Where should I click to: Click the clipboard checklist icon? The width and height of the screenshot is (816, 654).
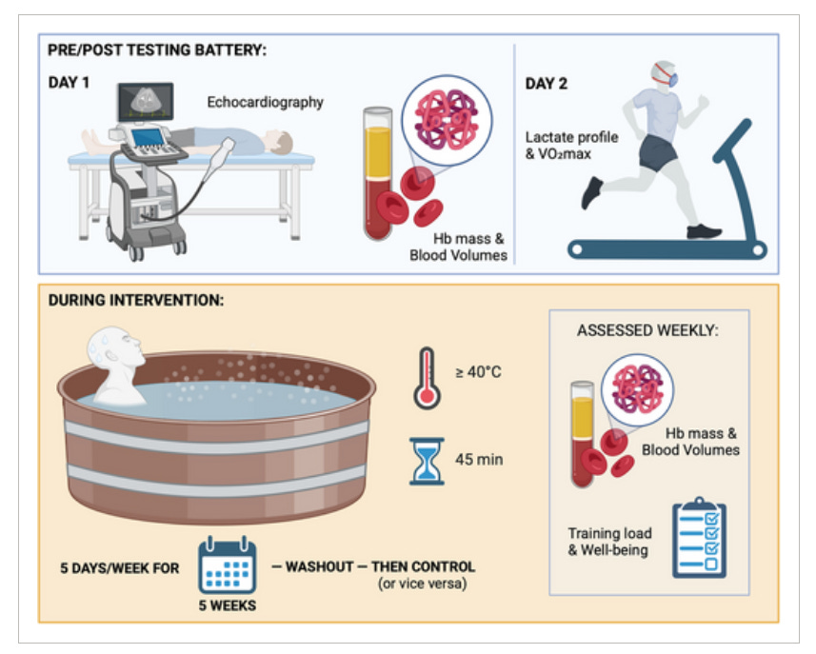click(x=699, y=537)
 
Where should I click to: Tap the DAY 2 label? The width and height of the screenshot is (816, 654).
click(x=546, y=84)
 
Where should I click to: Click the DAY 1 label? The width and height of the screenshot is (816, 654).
click(x=69, y=83)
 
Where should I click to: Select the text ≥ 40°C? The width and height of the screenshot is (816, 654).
click(x=478, y=371)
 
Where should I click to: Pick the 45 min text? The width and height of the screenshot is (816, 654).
click(x=479, y=460)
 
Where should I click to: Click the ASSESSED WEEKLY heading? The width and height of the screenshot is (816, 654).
click(x=647, y=331)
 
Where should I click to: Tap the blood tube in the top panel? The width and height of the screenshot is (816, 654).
click(x=378, y=171)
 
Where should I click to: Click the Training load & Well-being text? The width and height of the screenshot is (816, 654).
click(x=608, y=542)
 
